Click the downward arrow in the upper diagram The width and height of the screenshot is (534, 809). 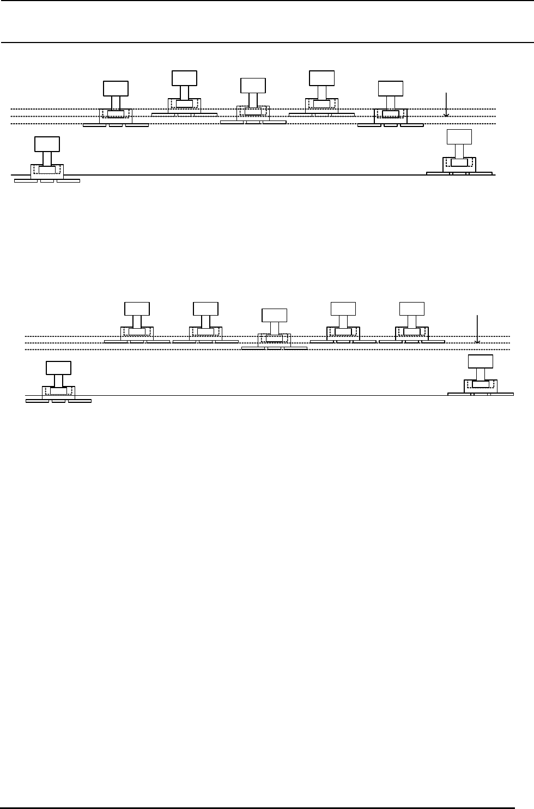click(x=446, y=105)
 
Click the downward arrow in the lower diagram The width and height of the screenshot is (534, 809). click(x=477, y=329)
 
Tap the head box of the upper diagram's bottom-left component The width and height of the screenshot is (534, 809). click(x=47, y=144)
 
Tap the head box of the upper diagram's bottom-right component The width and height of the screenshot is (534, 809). click(x=459, y=137)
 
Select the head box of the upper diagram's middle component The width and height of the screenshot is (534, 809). click(x=253, y=86)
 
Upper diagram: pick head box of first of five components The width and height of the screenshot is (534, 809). click(x=116, y=88)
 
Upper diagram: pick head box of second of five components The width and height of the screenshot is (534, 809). click(x=185, y=78)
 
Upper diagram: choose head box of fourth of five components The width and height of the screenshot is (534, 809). click(x=322, y=78)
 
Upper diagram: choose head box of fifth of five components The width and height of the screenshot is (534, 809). click(x=391, y=88)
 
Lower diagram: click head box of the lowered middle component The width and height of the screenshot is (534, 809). click(x=274, y=316)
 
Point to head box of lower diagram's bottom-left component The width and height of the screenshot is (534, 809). click(x=59, y=367)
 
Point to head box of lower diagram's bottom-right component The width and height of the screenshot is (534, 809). click(x=481, y=361)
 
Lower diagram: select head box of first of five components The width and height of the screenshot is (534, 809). click(x=137, y=308)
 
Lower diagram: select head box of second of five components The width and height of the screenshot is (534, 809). click(x=205, y=308)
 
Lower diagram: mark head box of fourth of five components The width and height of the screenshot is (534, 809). click(x=343, y=308)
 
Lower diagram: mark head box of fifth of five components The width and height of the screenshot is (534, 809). click(x=411, y=308)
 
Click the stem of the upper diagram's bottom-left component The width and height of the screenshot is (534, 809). click(x=47, y=158)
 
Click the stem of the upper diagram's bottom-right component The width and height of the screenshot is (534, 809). click(x=459, y=151)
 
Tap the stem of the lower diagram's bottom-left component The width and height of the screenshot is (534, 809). click(x=59, y=381)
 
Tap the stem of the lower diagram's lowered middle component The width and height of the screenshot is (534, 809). click(x=274, y=328)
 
